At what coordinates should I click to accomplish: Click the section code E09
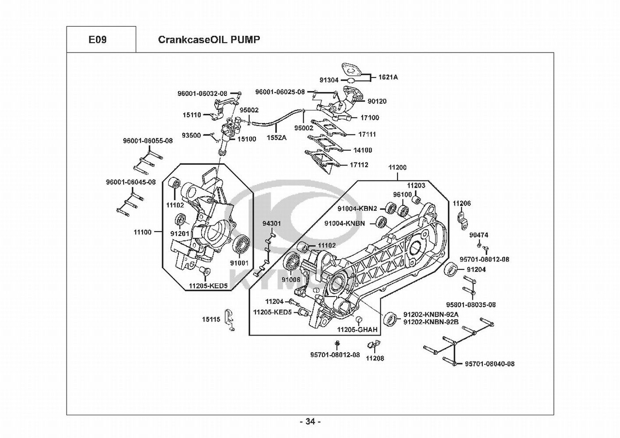pos(97,40)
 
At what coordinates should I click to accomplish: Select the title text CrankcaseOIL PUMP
pos(209,40)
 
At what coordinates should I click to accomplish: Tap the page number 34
pos(310,422)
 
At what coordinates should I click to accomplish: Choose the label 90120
pos(377,101)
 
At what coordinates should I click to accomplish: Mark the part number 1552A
pos(276,138)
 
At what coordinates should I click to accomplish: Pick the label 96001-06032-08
pos(202,93)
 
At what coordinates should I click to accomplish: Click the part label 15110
pos(192,115)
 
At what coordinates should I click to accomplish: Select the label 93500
pos(191,135)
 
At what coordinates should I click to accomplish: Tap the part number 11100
pos(142,232)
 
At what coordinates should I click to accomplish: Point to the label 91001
pos(239,263)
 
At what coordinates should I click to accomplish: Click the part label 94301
pos(272,223)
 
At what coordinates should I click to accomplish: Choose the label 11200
pos(397,167)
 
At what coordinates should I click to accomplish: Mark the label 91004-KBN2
pos(357,208)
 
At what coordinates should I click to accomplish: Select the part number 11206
pos(462,203)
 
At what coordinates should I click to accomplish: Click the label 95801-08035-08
pos(471,304)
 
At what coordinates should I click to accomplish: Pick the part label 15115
pos(211,320)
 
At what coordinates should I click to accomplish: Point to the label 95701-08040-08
pos(490,364)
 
